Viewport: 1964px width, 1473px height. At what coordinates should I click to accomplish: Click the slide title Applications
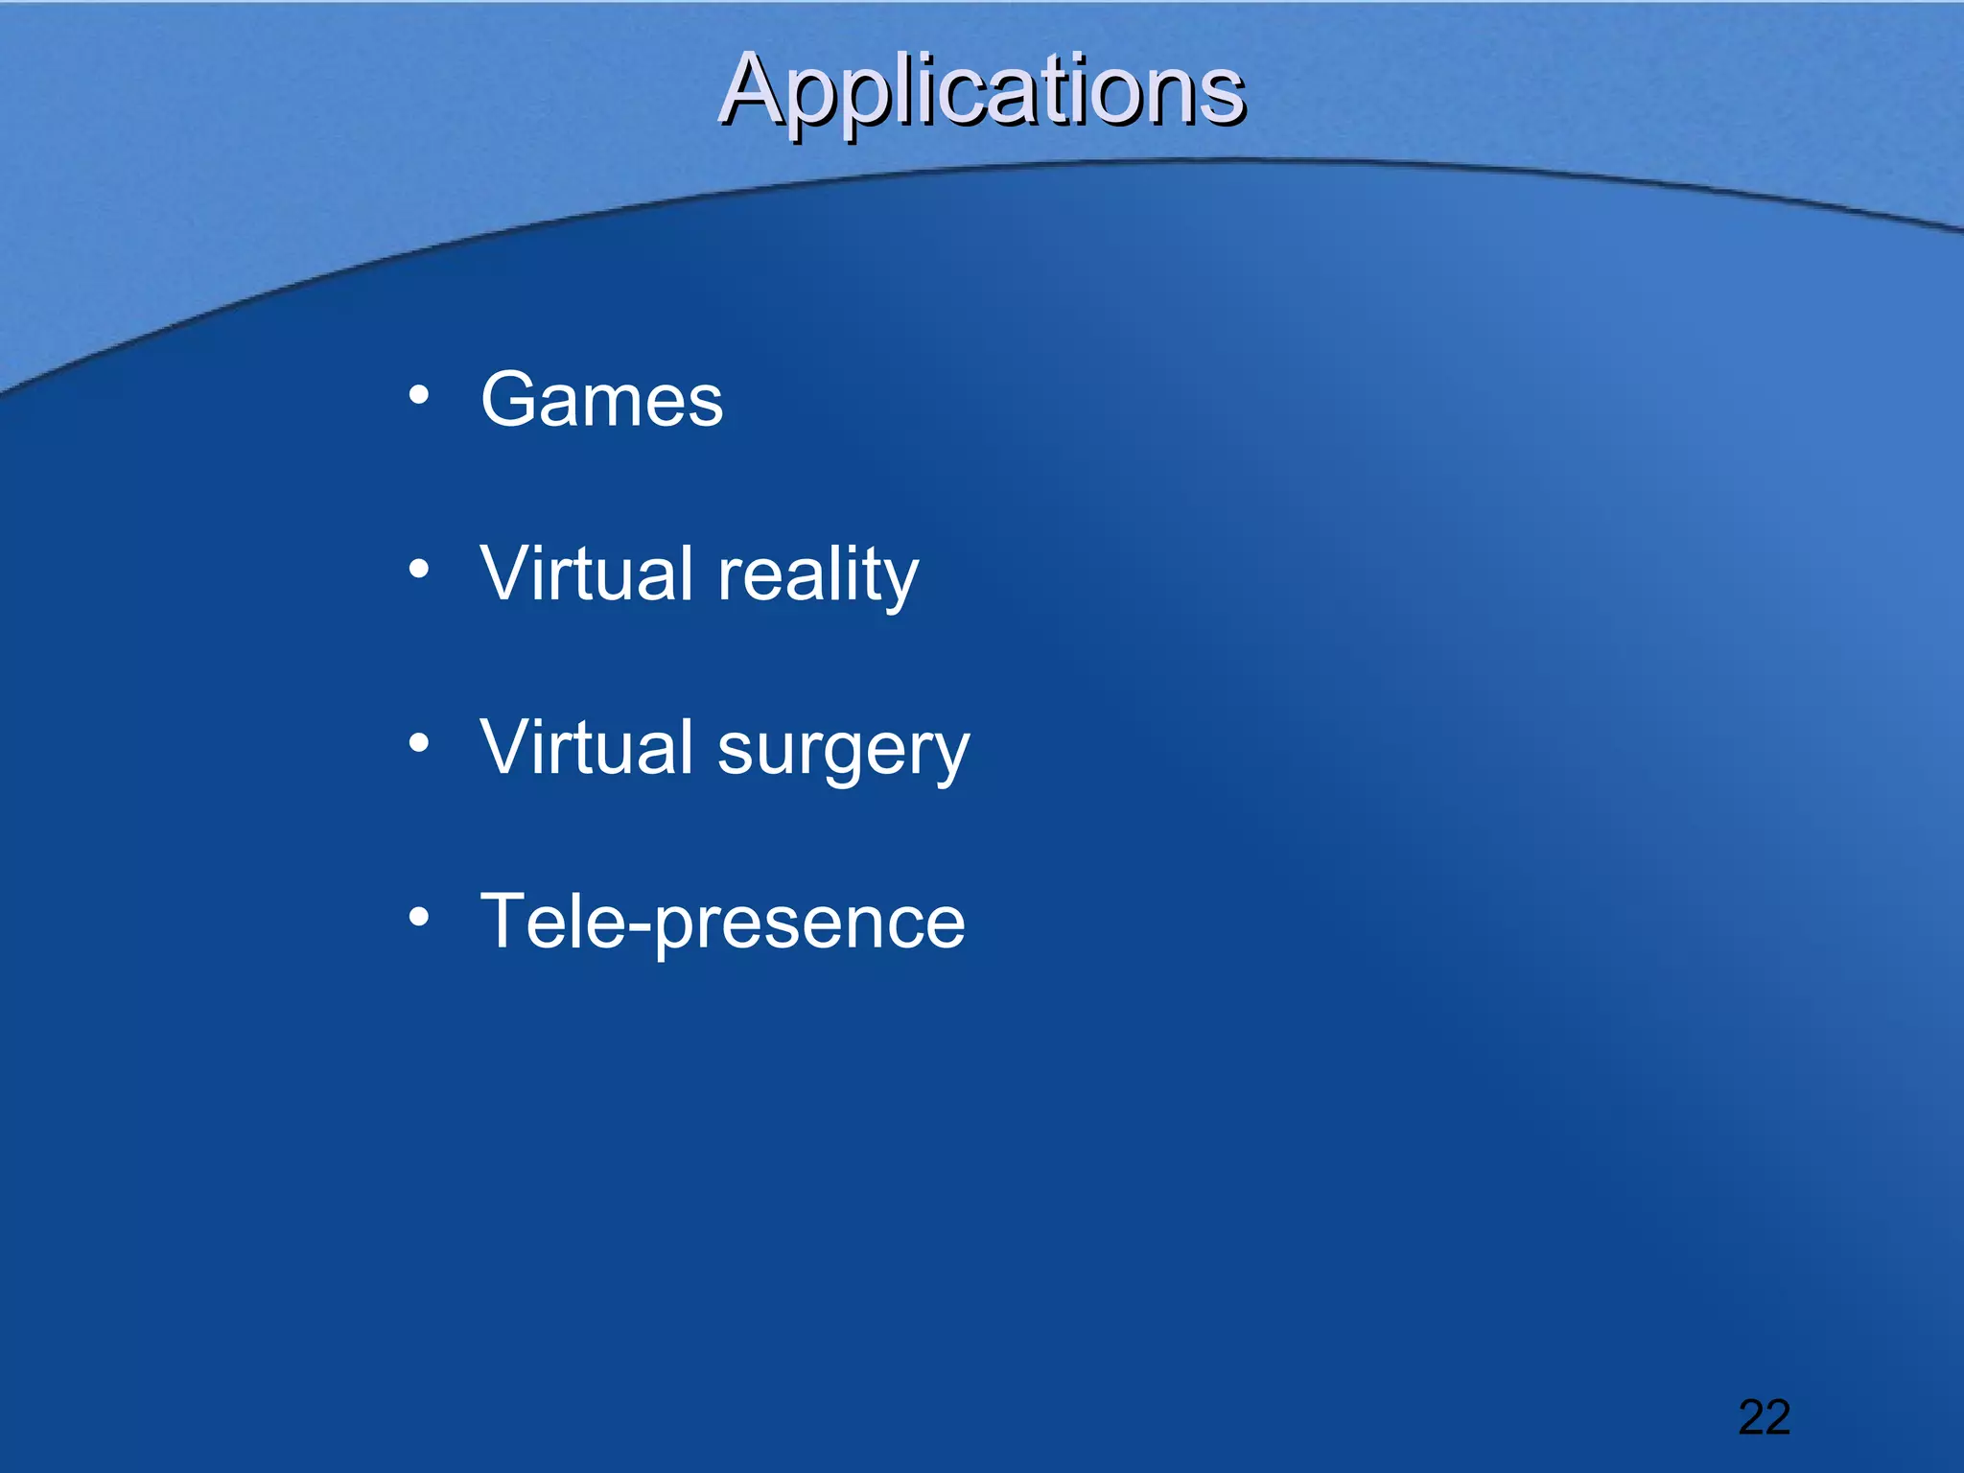[x=981, y=91]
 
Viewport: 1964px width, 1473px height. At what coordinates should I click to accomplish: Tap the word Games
[x=601, y=400]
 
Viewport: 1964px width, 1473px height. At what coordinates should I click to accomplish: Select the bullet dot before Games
[x=418, y=395]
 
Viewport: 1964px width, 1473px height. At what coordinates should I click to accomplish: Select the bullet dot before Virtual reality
[x=418, y=570]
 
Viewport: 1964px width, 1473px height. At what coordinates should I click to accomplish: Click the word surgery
[x=843, y=749]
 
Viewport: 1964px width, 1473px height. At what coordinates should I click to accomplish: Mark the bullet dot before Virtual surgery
[x=418, y=743]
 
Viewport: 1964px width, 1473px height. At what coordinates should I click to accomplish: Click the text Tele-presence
[x=722, y=922]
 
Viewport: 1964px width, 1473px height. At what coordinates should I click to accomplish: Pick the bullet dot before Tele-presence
[x=418, y=918]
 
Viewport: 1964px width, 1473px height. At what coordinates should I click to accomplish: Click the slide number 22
[x=1764, y=1417]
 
